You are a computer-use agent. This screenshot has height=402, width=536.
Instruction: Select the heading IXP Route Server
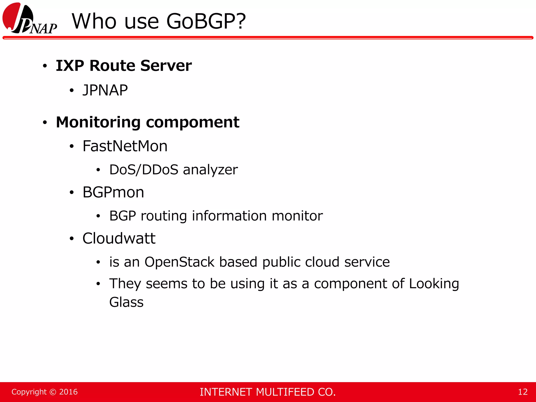(124, 65)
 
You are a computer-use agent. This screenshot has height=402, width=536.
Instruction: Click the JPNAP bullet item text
(105, 90)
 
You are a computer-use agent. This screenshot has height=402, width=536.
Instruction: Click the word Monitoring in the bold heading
(98, 122)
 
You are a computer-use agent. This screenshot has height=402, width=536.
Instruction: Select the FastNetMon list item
(125, 146)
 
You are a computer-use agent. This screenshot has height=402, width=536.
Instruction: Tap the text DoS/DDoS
(144, 170)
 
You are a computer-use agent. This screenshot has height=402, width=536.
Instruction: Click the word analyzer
(210, 170)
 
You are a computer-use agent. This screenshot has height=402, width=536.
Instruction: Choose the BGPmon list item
(113, 192)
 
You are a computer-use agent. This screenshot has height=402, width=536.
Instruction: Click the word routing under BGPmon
(164, 216)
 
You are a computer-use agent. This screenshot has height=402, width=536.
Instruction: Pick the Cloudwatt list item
(119, 238)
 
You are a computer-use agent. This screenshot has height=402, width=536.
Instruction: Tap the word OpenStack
(179, 262)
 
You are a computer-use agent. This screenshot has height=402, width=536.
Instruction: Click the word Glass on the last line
(126, 302)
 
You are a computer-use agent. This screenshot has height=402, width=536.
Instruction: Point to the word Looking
(434, 284)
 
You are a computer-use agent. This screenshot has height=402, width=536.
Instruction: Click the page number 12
(523, 392)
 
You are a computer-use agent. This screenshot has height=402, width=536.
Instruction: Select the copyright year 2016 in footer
(68, 392)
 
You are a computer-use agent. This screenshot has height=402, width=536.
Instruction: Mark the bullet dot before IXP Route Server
(45, 66)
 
